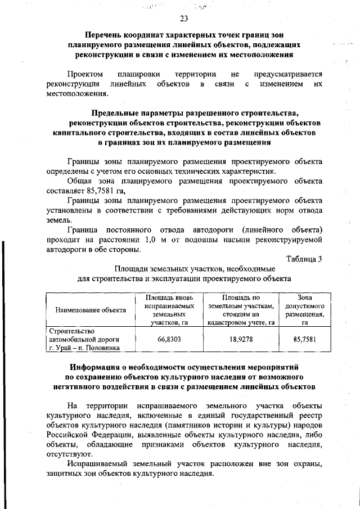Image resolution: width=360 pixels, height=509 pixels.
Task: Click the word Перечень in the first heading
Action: click(103, 35)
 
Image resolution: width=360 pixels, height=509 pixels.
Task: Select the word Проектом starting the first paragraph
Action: click(85, 74)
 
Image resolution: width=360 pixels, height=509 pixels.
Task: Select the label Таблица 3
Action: click(304, 259)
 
